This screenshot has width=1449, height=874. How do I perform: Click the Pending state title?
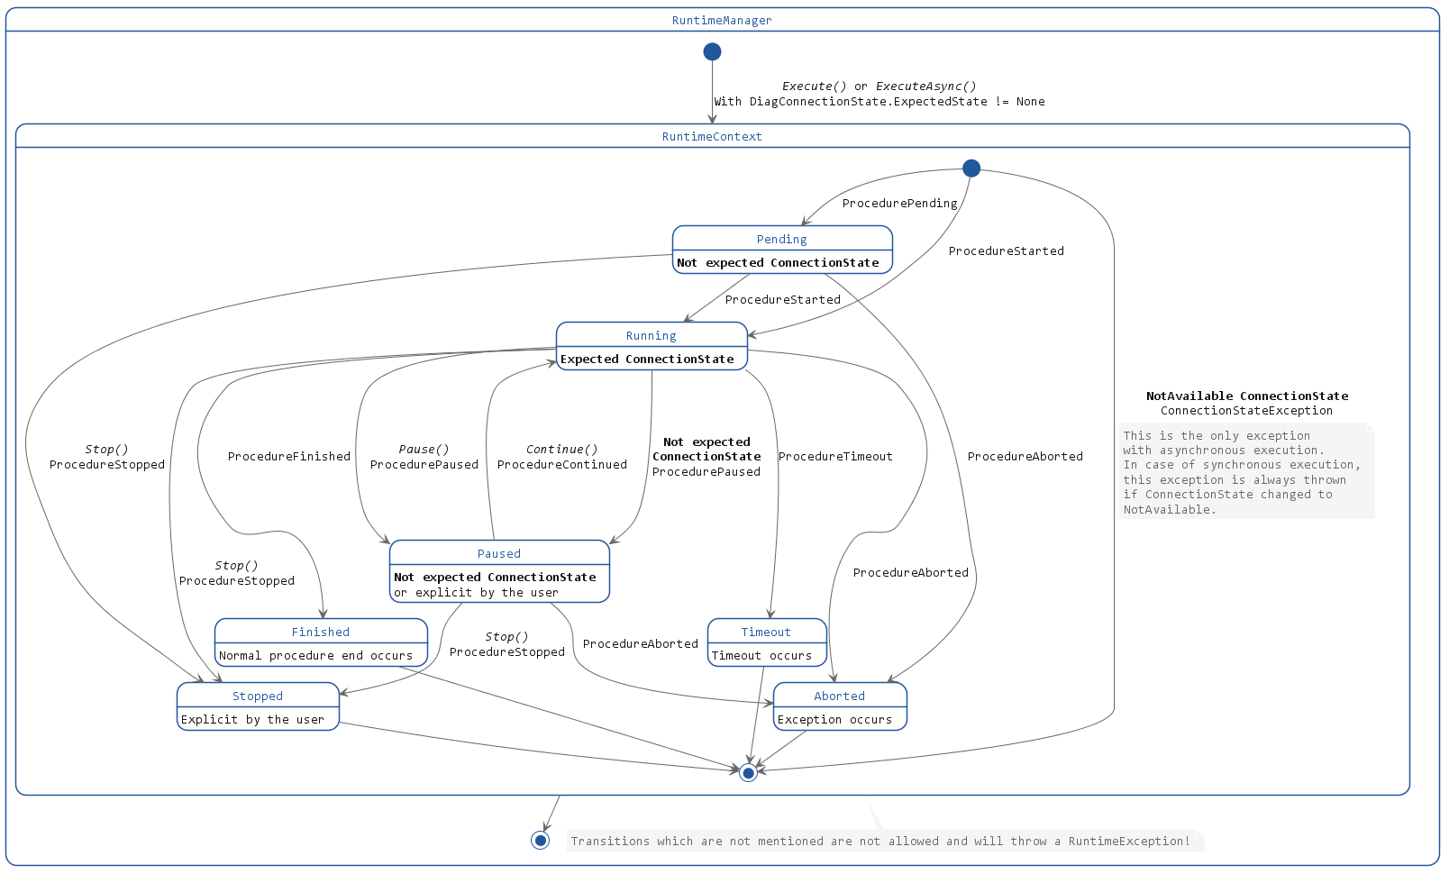point(781,240)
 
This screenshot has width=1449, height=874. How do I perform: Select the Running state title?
point(651,336)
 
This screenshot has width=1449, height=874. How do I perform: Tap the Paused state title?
point(499,554)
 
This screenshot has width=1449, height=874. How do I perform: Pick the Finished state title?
point(320,633)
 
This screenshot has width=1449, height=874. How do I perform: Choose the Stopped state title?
point(258,696)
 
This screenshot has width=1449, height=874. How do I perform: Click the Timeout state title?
point(766,633)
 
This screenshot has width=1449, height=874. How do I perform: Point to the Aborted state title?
point(839,696)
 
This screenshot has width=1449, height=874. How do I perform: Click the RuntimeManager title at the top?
point(722,21)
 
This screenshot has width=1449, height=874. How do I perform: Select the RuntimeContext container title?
point(712,137)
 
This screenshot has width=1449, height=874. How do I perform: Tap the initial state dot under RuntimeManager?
point(712,52)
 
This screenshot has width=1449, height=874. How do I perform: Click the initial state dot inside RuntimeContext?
point(971,168)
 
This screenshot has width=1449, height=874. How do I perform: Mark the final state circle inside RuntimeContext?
point(748,773)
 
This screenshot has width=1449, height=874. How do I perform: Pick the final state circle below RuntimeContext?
point(541,841)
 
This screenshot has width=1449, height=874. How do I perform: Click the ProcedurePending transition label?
point(899,204)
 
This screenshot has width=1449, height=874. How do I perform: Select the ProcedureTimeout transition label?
point(835,457)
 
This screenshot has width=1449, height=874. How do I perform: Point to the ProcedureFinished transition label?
point(289,457)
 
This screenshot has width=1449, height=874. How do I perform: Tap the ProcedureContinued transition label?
point(562,465)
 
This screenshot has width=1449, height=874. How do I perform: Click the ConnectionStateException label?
point(1246,411)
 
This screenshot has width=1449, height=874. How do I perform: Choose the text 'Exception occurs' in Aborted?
point(834,720)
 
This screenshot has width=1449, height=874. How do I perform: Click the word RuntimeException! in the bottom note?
point(1129,842)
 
